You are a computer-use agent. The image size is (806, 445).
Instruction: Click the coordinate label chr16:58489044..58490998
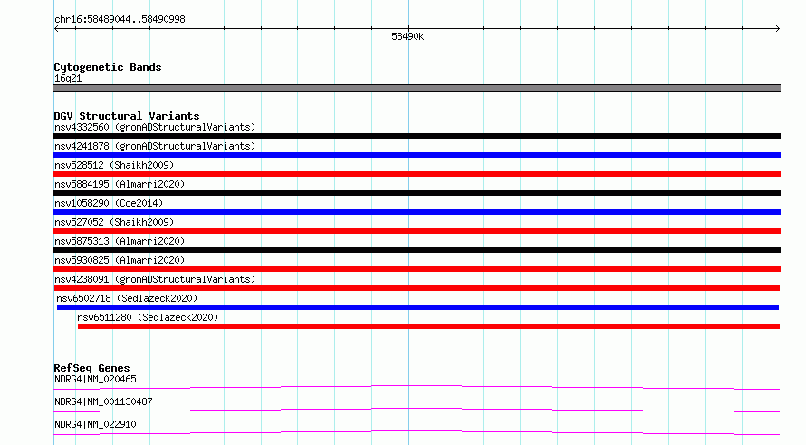tap(120, 20)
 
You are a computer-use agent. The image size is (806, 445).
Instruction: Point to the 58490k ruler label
tap(408, 36)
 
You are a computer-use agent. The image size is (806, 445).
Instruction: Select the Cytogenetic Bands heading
tap(108, 67)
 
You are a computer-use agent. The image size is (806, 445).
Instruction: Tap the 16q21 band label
tap(68, 78)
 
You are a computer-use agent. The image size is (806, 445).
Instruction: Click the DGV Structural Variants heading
tap(127, 116)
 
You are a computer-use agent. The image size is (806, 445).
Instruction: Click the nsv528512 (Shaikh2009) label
tap(114, 165)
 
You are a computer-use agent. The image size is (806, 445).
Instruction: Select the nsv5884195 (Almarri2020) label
tap(120, 184)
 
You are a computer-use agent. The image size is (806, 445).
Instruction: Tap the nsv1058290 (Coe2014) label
tap(109, 203)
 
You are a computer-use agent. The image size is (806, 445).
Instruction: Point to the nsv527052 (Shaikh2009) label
tap(114, 222)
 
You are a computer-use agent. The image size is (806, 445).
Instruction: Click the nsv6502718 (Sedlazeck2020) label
tap(127, 298)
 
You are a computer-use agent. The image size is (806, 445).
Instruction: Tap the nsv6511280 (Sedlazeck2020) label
tap(148, 317)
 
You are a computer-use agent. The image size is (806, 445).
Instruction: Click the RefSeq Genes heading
tap(92, 368)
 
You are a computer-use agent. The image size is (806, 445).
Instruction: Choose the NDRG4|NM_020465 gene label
tap(96, 379)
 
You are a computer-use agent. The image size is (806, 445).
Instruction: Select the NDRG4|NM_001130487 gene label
tap(103, 401)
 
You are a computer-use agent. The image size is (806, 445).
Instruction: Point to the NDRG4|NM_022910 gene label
tap(96, 424)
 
